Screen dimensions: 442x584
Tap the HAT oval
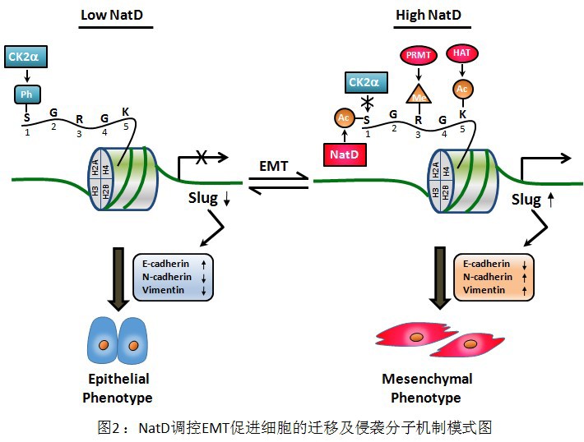(x=461, y=53)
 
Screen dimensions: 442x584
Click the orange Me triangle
(x=419, y=94)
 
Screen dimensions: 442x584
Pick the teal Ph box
(x=27, y=94)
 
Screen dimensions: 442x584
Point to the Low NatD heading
(x=116, y=16)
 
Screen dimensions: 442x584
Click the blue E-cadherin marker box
(x=174, y=276)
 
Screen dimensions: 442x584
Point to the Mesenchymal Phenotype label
(x=426, y=389)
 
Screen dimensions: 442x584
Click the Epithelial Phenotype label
(x=118, y=389)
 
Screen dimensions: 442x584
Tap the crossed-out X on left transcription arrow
(x=200, y=158)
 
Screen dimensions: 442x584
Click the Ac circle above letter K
(x=462, y=88)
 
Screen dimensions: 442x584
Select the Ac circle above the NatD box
(x=343, y=118)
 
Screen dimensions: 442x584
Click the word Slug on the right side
(x=526, y=200)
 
